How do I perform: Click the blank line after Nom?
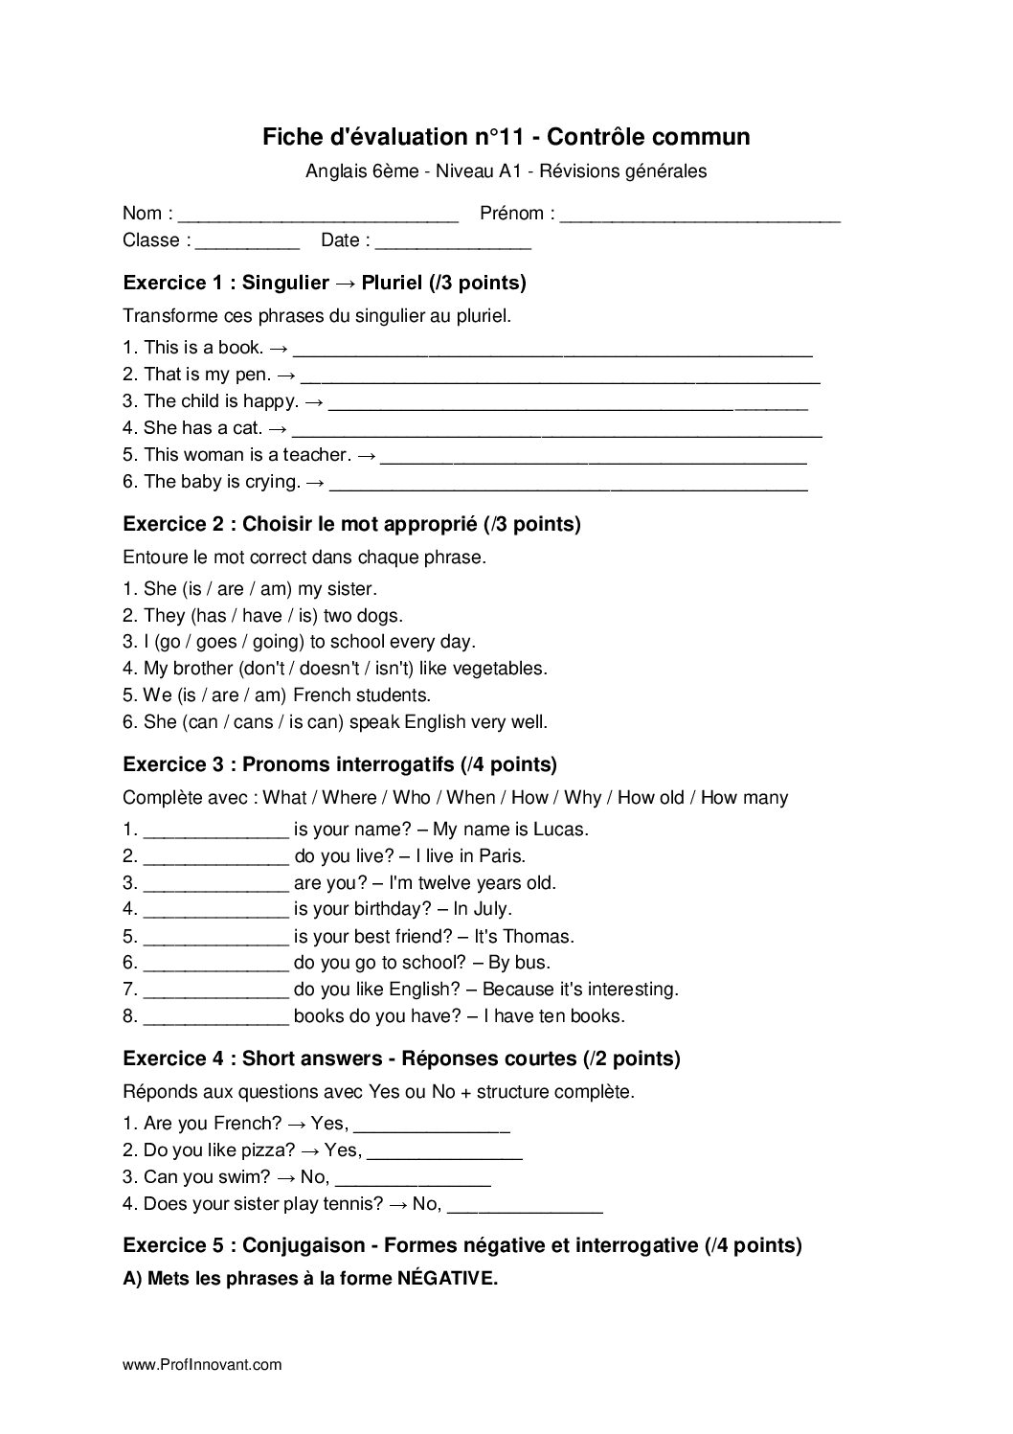point(319,216)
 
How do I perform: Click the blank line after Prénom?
point(700,216)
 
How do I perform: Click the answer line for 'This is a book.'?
point(553,351)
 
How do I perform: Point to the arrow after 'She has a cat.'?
point(279,428)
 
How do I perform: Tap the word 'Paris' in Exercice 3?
point(503,856)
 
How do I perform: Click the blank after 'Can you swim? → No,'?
point(414,1180)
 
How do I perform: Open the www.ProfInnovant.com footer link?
point(202,1365)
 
